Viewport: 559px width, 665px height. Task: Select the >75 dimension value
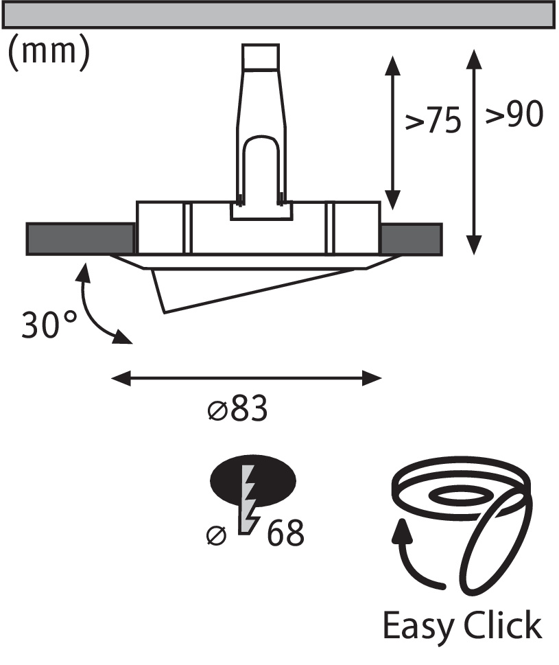[433, 120]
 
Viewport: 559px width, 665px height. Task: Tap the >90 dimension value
[514, 114]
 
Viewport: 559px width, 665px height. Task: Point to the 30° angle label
[49, 325]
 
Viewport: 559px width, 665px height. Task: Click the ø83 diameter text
[238, 408]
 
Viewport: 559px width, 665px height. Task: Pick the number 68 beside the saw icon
[285, 533]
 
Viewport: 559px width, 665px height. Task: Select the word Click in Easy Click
[503, 625]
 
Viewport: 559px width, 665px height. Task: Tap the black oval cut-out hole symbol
[253, 480]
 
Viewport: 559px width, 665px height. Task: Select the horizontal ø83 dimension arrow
[246, 378]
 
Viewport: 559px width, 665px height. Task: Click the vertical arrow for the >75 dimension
[393, 132]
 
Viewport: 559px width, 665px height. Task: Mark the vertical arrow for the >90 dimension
[474, 152]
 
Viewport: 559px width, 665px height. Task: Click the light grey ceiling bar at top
[278, 14]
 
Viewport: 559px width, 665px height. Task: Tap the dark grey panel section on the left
[80, 239]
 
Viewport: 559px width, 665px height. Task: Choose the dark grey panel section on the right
[412, 239]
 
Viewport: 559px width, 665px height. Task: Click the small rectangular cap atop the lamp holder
[261, 56]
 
